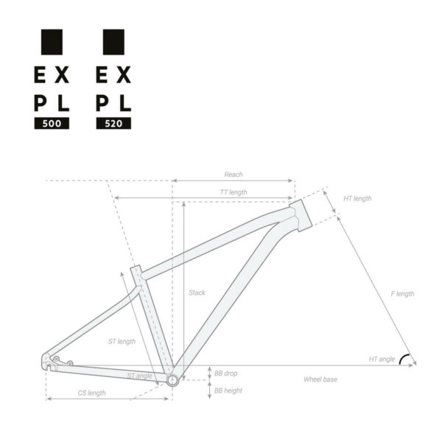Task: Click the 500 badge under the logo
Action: click(x=52, y=124)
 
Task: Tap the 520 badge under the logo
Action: click(x=113, y=124)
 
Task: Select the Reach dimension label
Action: click(x=234, y=175)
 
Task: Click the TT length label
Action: click(x=234, y=192)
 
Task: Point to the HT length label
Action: click(x=357, y=199)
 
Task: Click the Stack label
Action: click(x=197, y=292)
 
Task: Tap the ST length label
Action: click(x=122, y=341)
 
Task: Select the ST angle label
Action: click(x=139, y=376)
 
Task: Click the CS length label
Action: click(x=92, y=393)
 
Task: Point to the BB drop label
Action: click(x=226, y=373)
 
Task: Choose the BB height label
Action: click(x=228, y=390)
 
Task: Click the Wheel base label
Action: click(x=320, y=379)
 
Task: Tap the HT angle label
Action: click(x=382, y=359)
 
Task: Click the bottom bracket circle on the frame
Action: click(x=172, y=380)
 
